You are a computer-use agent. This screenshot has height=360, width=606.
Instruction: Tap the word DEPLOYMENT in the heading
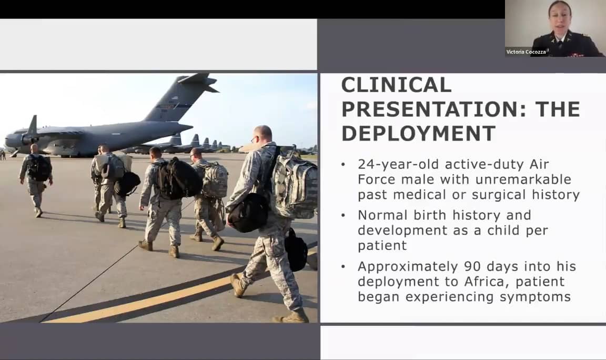pyautogui.click(x=418, y=133)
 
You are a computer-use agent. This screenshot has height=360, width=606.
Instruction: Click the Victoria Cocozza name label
pyautogui.click(x=526, y=52)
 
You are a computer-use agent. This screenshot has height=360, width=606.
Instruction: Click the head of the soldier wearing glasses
pyautogui.click(x=262, y=135)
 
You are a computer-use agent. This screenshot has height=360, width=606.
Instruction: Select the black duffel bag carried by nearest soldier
pyautogui.click(x=248, y=212)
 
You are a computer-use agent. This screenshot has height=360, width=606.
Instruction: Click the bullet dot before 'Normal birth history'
pyautogui.click(x=344, y=216)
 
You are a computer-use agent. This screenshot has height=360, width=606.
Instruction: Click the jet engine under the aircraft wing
pyautogui.click(x=28, y=141)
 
